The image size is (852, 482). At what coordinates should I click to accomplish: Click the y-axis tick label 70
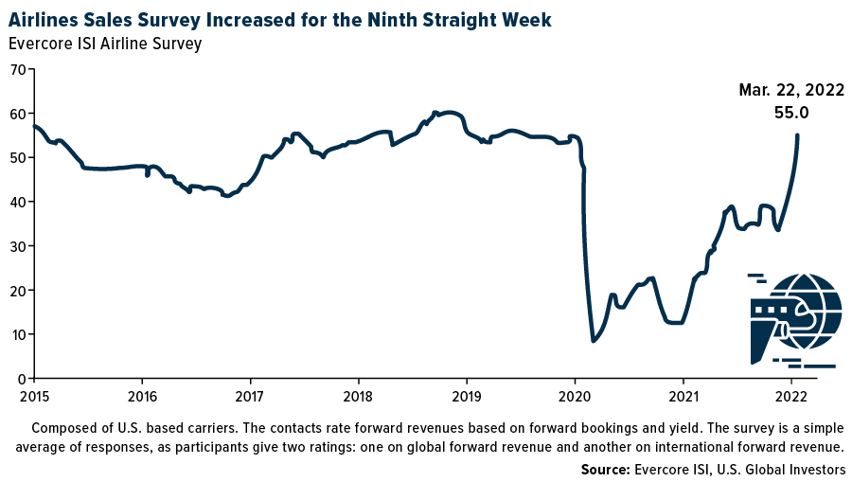(17, 69)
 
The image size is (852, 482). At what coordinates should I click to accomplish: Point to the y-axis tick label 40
(17, 202)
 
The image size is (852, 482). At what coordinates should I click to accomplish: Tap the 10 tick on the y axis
(17, 334)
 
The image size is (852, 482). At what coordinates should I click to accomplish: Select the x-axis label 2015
(33, 395)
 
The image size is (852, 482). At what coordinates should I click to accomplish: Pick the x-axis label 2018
(358, 395)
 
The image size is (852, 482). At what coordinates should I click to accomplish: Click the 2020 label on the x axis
(575, 395)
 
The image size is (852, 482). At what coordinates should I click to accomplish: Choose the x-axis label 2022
(791, 395)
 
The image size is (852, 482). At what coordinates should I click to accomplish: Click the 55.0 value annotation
(791, 113)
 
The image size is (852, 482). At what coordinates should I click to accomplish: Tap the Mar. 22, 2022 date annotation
(791, 91)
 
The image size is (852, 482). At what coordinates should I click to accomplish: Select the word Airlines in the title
(47, 19)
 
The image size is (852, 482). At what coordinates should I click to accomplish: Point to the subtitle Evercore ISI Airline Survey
(105, 44)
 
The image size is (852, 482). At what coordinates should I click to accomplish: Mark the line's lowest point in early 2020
(594, 340)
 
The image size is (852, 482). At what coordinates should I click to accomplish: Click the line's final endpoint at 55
(797, 135)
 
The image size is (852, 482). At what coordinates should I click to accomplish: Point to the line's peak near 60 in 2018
(435, 113)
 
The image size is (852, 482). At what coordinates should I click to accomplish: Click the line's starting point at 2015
(34, 126)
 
